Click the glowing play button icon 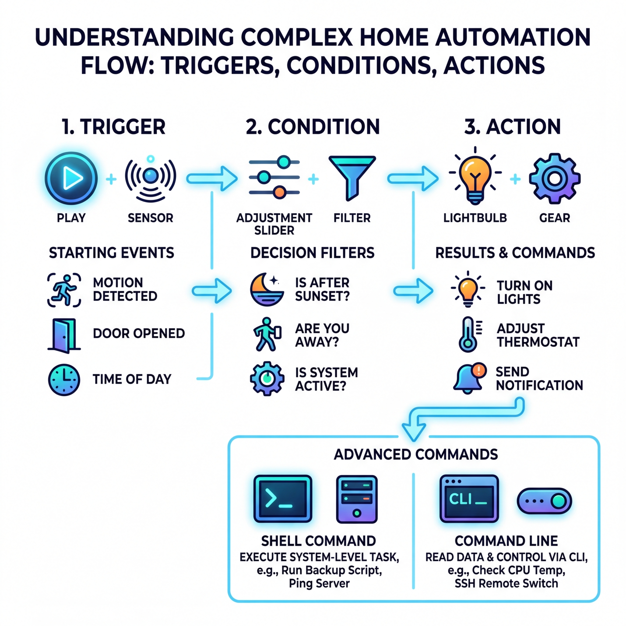click(x=71, y=178)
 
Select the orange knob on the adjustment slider click(x=279, y=192)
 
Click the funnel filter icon click(x=352, y=177)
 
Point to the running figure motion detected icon click(x=64, y=290)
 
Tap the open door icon click(x=64, y=336)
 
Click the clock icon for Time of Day click(x=64, y=379)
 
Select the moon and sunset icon click(x=267, y=289)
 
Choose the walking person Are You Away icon click(x=267, y=335)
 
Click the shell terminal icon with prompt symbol click(x=282, y=499)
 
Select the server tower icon click(x=357, y=499)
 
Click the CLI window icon click(x=469, y=499)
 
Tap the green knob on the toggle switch click(x=558, y=501)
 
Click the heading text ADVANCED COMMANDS click(x=416, y=454)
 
